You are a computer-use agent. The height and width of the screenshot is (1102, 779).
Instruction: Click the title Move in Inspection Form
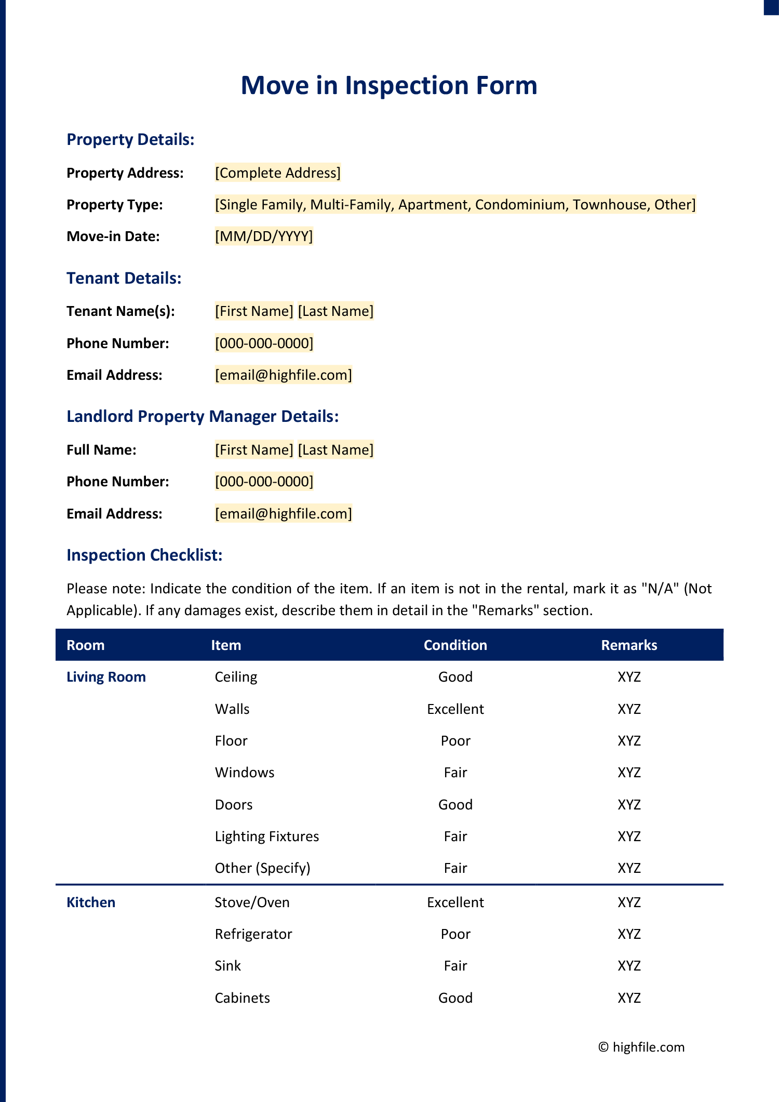click(389, 86)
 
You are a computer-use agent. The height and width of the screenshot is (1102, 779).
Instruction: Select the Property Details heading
click(130, 139)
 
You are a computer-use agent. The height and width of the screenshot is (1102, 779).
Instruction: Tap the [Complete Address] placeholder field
click(278, 172)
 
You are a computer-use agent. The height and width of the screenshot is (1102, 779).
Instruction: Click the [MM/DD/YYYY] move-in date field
click(264, 236)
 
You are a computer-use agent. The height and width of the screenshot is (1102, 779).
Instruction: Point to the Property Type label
click(115, 205)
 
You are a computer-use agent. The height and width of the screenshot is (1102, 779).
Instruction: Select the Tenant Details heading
click(124, 278)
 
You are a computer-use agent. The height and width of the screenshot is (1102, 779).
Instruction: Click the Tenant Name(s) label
click(120, 311)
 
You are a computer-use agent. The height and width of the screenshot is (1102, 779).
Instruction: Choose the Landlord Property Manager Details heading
click(203, 416)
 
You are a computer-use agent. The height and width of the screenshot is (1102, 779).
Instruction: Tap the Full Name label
click(101, 450)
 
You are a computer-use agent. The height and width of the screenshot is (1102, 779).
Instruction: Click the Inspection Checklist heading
click(144, 555)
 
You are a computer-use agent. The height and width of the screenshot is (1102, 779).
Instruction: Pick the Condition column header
click(455, 645)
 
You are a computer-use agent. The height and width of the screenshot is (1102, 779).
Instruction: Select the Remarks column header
click(629, 645)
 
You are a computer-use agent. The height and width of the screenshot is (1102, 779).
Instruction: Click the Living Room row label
click(106, 677)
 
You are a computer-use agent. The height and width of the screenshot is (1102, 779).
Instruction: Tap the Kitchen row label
click(91, 902)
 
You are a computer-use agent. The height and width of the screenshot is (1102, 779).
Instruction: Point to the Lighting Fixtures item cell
click(267, 837)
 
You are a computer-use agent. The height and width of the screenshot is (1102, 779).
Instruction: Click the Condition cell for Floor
click(455, 741)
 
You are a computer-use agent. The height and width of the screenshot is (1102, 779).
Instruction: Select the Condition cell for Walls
click(455, 709)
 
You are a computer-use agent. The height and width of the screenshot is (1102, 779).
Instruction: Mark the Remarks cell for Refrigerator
click(629, 934)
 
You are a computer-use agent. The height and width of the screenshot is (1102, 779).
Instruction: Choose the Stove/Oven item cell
click(252, 902)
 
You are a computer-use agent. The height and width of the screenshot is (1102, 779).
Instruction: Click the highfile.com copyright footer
click(641, 1047)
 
